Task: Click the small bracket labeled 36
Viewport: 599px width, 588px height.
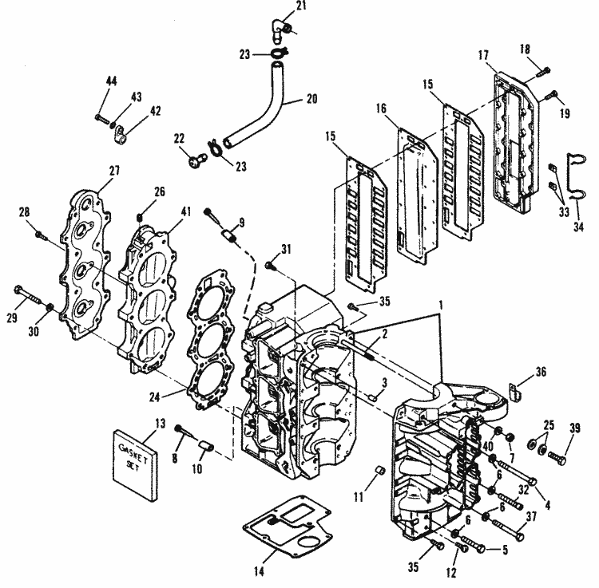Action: coord(514,392)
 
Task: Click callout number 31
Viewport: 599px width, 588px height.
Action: coord(286,249)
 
